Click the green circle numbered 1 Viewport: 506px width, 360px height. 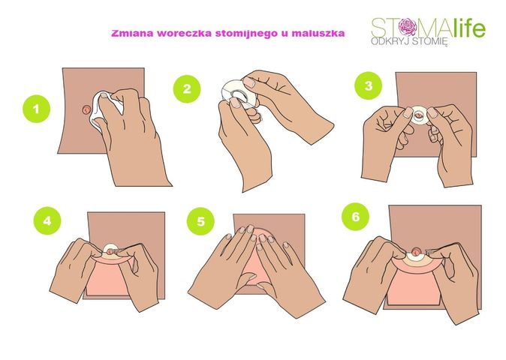36,109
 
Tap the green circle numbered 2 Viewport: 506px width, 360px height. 187,89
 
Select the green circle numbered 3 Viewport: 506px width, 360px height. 368,85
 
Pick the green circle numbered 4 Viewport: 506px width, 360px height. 47,220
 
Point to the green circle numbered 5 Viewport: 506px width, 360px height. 200,221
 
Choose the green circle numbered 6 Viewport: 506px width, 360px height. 355,217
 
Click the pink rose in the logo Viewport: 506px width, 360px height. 408,27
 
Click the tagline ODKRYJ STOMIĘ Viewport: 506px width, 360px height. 409,42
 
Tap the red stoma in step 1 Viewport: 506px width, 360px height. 86,109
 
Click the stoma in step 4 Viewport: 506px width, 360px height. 110,250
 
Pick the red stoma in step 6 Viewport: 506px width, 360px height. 417,250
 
